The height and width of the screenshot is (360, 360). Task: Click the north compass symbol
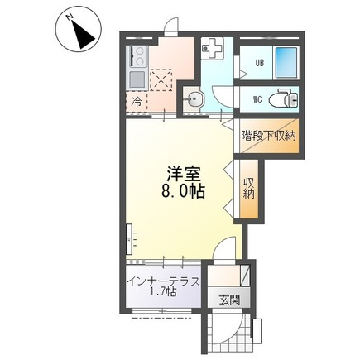79,32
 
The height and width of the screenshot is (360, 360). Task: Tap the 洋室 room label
183,174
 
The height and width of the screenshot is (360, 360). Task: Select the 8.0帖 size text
183,191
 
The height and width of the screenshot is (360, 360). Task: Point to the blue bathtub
286,63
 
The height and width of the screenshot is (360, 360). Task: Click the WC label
257,99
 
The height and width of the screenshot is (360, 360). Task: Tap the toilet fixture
283,99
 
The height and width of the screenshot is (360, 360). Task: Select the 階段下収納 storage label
268,136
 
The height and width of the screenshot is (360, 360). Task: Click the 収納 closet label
249,189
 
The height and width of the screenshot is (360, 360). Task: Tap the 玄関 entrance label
229,300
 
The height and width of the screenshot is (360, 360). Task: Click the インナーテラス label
164,281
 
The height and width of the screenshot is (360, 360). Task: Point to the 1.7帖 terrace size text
163,292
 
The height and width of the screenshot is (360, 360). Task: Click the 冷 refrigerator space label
137,102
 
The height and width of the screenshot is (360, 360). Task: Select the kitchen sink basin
137,79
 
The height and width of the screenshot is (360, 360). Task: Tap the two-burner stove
137,56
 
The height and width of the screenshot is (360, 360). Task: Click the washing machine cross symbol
212,48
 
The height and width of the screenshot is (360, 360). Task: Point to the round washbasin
194,99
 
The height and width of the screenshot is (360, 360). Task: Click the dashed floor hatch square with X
161,80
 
